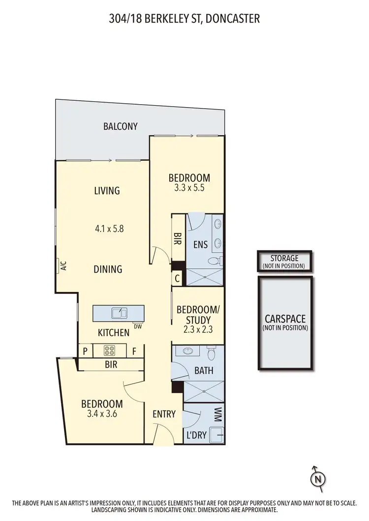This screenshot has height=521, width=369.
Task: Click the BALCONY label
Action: [x=120, y=126]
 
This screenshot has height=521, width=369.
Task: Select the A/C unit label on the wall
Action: [x=63, y=266]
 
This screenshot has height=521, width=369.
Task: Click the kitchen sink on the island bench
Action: [x=119, y=313]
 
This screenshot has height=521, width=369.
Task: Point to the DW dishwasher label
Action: [x=137, y=326]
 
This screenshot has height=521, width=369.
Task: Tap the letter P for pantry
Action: [x=86, y=351]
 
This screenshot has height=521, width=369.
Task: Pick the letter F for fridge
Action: [x=134, y=351]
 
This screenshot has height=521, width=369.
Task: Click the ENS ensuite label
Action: [x=201, y=244]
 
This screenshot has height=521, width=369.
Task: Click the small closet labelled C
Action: [x=177, y=278]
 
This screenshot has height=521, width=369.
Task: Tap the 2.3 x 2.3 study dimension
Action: [x=196, y=330]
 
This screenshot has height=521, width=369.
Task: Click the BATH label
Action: [x=204, y=371]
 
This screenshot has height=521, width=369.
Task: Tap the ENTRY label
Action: [x=164, y=414]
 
